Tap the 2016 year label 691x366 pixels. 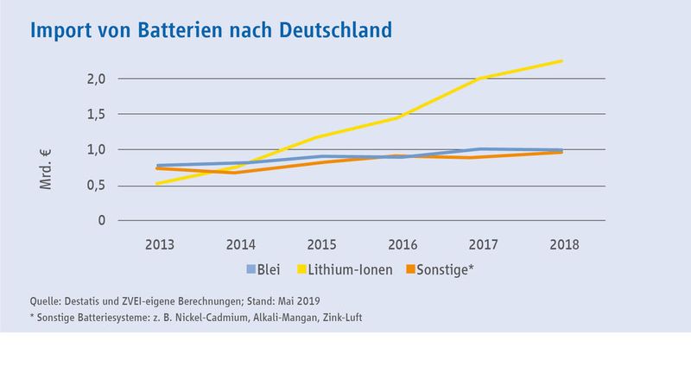point(402,244)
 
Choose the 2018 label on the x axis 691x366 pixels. point(562,244)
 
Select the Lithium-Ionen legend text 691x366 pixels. point(352,268)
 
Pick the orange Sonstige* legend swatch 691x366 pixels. point(410,268)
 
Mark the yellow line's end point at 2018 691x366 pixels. point(562,60)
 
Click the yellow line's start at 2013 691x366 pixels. point(158,183)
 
